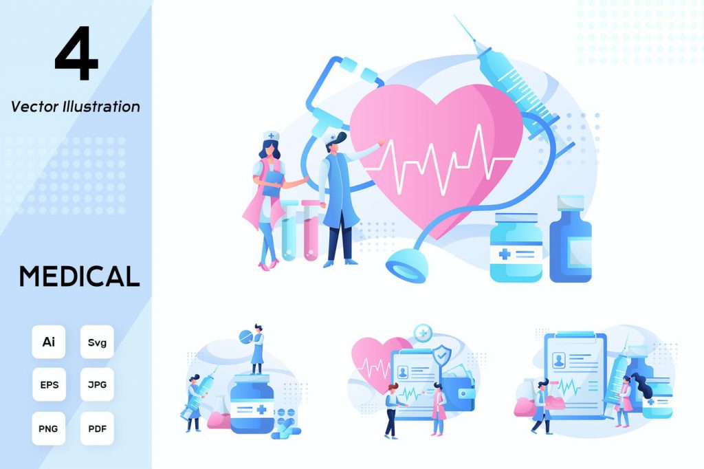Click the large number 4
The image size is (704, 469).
tap(76, 53)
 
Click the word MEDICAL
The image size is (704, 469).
tap(79, 276)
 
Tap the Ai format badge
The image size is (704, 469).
tap(49, 342)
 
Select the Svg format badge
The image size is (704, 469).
tap(97, 342)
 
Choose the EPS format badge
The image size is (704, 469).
tap(49, 384)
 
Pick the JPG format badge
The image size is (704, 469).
tap(97, 384)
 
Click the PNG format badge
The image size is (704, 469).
tap(49, 428)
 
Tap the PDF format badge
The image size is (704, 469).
tap(97, 428)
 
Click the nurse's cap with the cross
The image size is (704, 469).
tap(271, 135)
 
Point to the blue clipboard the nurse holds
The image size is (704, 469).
tap(272, 184)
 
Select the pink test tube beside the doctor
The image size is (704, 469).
tap(310, 230)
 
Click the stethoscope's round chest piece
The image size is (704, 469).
tap(407, 267)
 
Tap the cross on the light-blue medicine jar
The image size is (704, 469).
tap(505, 254)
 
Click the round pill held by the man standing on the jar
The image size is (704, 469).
tap(246, 336)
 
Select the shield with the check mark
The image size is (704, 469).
tap(442, 356)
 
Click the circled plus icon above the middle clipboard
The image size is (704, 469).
tap(422, 334)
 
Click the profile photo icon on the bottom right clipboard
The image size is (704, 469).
tap(559, 360)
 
